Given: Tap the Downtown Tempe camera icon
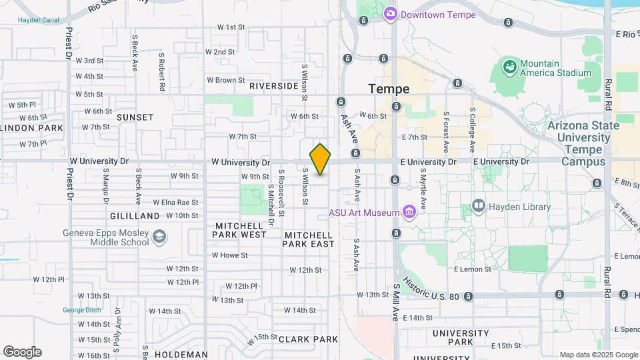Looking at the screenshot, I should point(391,13).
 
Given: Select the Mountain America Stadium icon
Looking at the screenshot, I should point(510,66).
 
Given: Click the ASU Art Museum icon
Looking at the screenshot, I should point(409,213).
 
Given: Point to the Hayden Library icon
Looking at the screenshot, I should point(478,206).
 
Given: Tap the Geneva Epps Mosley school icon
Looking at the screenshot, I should point(159,237).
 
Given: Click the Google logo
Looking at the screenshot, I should point(22,352).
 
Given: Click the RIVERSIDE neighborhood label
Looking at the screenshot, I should point(274,86).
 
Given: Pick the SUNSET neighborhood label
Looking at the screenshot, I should point(135,117).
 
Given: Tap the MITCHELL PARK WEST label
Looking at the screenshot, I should point(240,230).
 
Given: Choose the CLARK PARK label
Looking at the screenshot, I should point(308,339).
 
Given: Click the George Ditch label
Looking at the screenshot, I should point(82,310).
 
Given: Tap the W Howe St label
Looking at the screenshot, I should point(229,255).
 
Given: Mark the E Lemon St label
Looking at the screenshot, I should point(472,269).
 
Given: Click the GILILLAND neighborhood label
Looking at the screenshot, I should point(135,216).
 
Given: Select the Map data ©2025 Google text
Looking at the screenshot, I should point(599,355).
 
